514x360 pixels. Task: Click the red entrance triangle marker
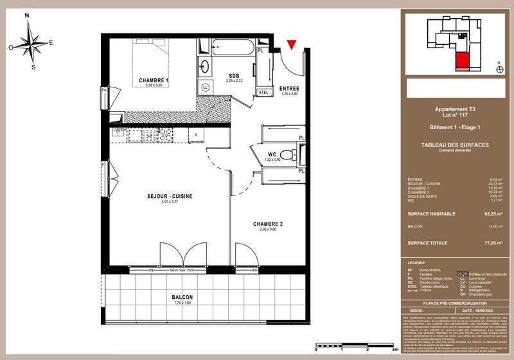pyautogui.click(x=292, y=44)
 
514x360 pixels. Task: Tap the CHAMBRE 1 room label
pyautogui.click(x=154, y=80)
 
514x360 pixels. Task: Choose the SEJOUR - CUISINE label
pyautogui.click(x=170, y=196)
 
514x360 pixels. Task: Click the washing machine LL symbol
pyautogui.click(x=206, y=87)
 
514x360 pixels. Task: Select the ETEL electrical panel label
pyautogui.click(x=262, y=93)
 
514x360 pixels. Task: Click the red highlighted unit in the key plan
pyautogui.click(x=462, y=61)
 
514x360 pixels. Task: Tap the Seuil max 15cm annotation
pyautogui.click(x=184, y=271)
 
